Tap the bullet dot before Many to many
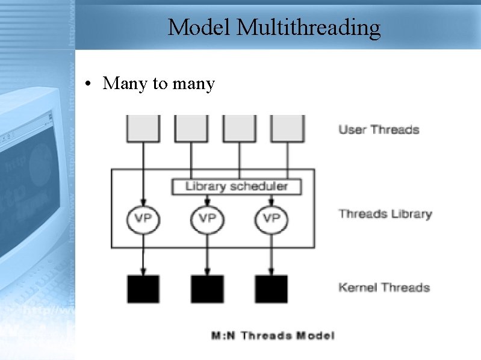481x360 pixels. (x=88, y=84)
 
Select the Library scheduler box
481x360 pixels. (x=237, y=186)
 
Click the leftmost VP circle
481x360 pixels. (x=143, y=218)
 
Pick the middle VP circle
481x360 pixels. (x=207, y=218)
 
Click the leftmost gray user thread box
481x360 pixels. (x=143, y=128)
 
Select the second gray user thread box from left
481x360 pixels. (x=191, y=128)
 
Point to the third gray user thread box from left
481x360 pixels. (x=240, y=128)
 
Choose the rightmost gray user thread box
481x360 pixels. (x=287, y=128)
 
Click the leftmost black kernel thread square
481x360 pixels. (x=143, y=289)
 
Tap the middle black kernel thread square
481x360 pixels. (x=207, y=289)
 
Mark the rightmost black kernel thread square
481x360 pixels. (x=272, y=289)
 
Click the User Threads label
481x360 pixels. (x=379, y=129)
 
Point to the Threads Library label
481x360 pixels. (x=385, y=214)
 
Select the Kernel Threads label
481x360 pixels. (x=384, y=287)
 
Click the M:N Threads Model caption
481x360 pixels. (x=273, y=335)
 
